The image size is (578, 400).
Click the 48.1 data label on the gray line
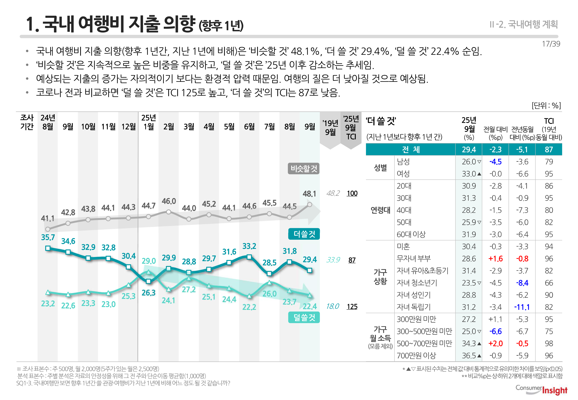coord(309,194)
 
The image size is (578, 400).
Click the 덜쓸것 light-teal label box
coord(304,317)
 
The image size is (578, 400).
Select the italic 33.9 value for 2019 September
coord(333,260)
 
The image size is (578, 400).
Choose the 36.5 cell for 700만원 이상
coord(469,355)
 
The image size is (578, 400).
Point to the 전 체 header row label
coord(411,150)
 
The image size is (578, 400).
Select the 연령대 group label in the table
coord(380,210)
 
